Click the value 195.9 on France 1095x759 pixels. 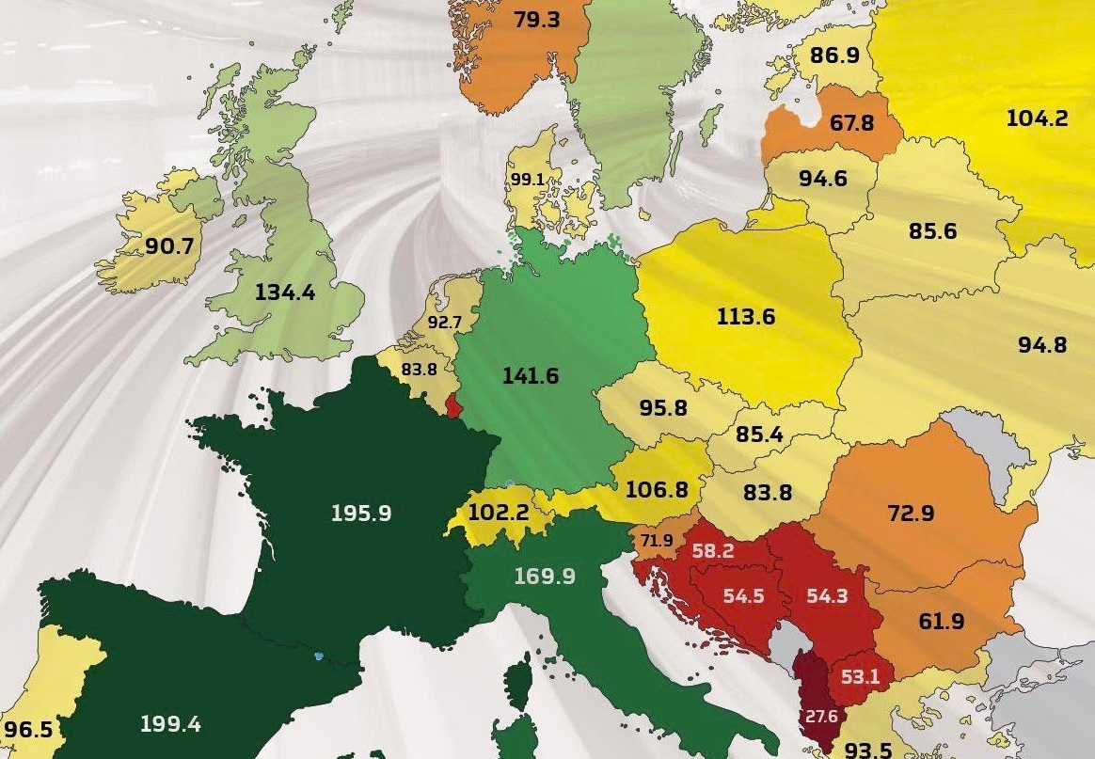point(361,514)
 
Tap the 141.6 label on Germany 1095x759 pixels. point(531,376)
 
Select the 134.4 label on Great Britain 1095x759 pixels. point(285,292)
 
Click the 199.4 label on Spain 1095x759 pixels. point(170,724)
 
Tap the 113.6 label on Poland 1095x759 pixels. point(745,316)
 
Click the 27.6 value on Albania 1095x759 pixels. point(820,717)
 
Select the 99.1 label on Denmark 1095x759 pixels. point(528,179)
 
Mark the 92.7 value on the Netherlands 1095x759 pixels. point(444,323)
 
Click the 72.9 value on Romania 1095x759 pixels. point(911,514)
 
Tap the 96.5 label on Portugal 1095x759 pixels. point(27,730)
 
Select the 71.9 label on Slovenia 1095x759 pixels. point(658,541)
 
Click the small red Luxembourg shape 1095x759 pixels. point(453,406)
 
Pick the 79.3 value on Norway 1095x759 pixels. point(538,20)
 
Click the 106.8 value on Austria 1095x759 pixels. point(657,490)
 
